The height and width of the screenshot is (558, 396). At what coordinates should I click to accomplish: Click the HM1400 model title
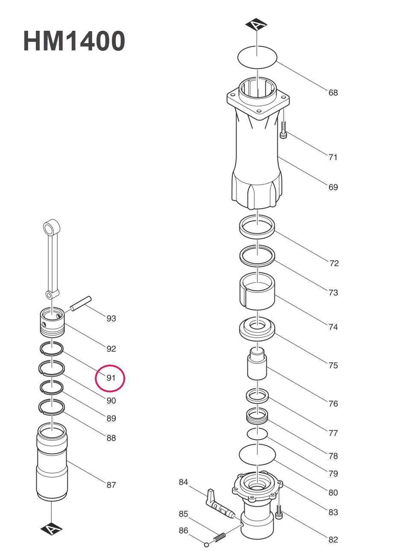pos(74,41)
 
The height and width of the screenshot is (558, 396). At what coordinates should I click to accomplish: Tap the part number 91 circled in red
pos(111,378)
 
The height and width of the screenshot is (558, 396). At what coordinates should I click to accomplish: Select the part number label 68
pos(333,93)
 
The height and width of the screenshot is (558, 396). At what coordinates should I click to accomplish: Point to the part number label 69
pos(333,187)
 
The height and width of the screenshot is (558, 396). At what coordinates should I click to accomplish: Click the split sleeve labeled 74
pos(257,292)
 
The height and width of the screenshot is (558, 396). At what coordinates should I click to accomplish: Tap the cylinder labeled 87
pos(52,461)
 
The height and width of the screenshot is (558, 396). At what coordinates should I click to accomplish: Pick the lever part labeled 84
pos(218,504)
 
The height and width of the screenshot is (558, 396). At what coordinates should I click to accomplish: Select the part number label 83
pos(333,512)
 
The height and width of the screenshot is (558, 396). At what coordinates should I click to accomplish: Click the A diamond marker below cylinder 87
pos(51,529)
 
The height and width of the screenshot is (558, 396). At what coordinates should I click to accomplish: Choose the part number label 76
pos(333,403)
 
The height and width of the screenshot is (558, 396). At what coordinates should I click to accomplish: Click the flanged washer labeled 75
pos(257,329)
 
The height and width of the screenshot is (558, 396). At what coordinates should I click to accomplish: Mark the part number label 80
pos(333,493)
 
